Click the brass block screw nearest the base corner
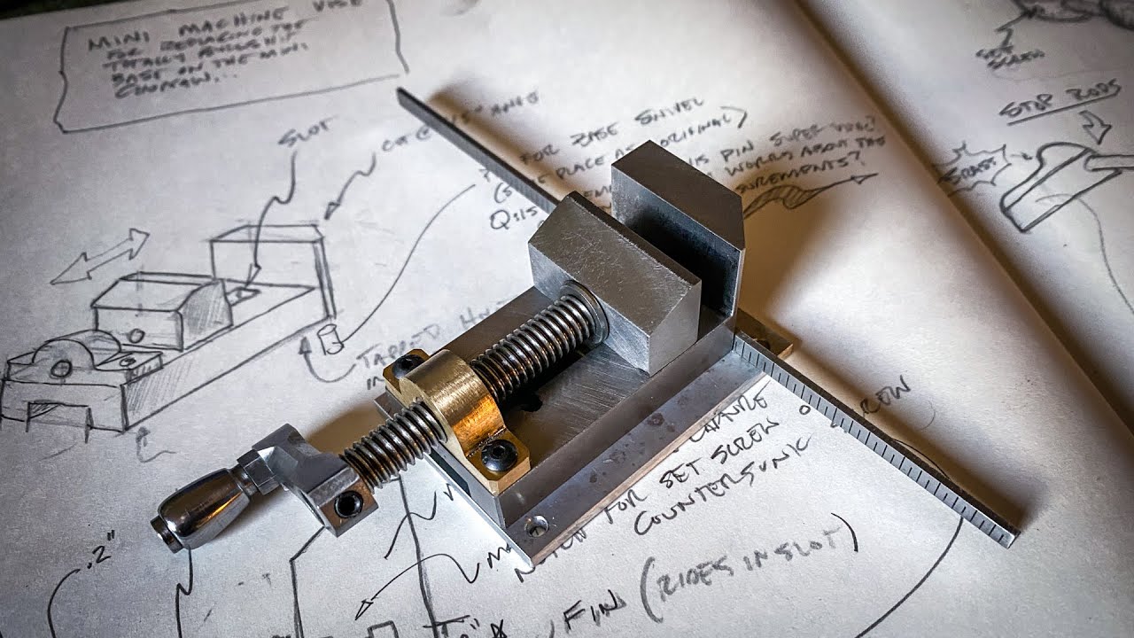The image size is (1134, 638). point(498,454)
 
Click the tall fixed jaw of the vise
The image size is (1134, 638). point(678,217)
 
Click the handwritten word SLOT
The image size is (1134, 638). point(307,137)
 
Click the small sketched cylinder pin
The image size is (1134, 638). point(331,338)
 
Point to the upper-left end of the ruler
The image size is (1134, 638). point(404,93)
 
